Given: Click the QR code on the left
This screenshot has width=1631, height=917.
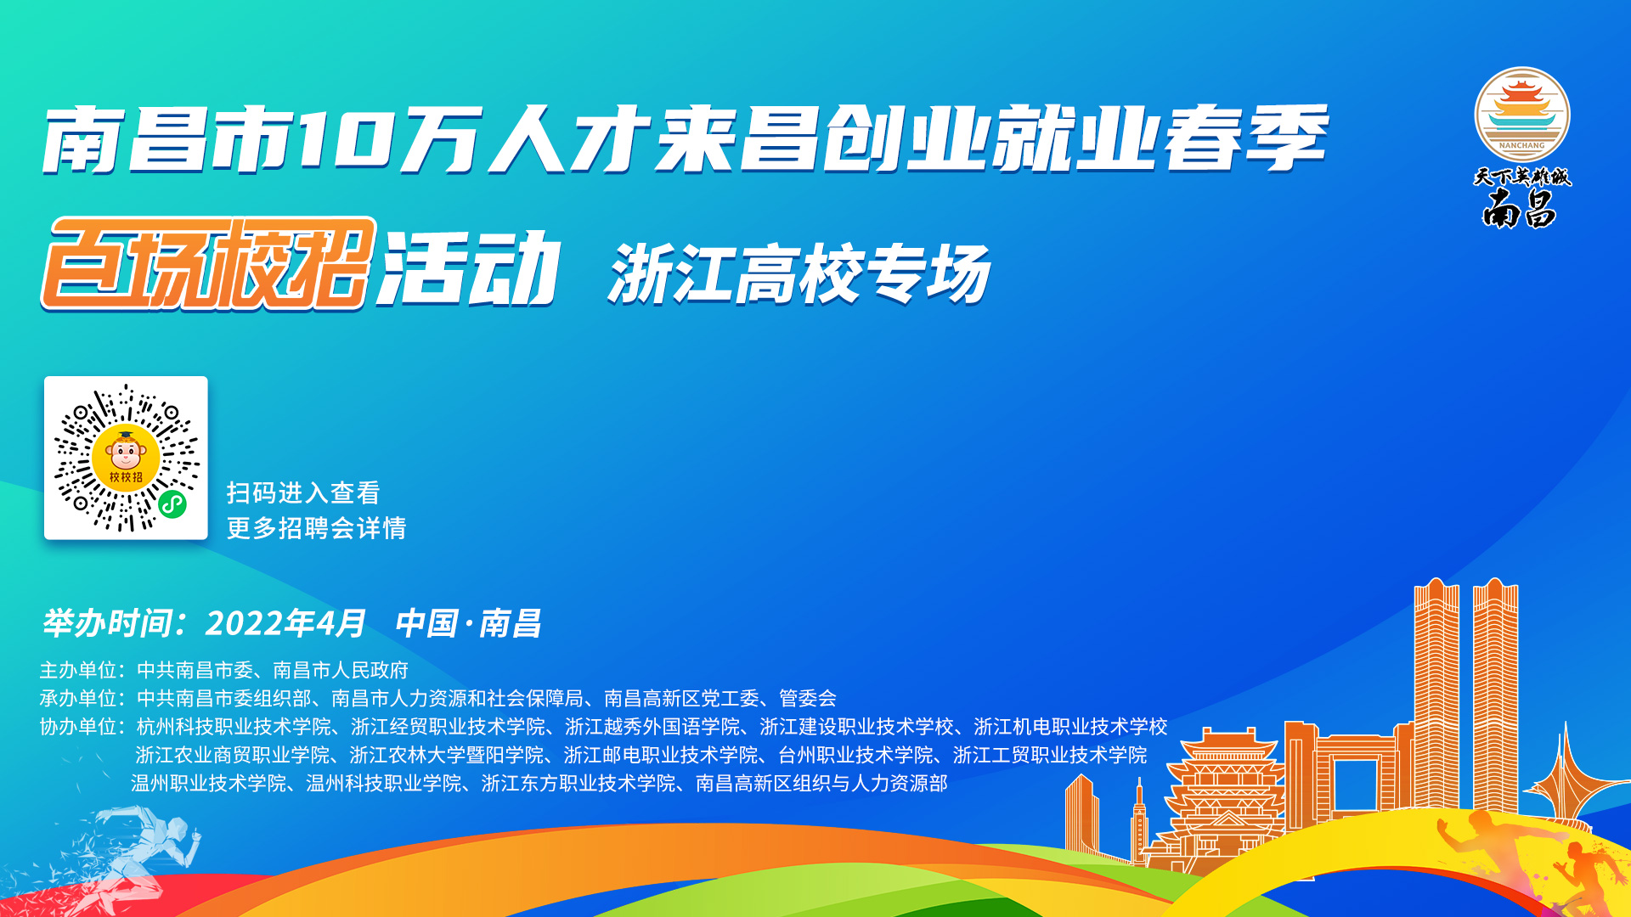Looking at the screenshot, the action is pyautogui.click(x=126, y=458).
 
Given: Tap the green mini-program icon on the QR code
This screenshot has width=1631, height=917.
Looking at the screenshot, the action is pyautogui.click(x=172, y=504).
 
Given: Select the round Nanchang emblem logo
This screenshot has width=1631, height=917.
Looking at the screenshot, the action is pyautogui.click(x=1521, y=115).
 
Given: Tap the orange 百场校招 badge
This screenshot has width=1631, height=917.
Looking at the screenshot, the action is pyautogui.click(x=208, y=263).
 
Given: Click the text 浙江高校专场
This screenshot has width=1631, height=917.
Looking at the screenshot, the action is pyautogui.click(x=799, y=273).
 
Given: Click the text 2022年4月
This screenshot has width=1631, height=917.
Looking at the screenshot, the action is pyautogui.click(x=285, y=623).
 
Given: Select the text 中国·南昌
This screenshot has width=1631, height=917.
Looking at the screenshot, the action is pyautogui.click(x=468, y=623).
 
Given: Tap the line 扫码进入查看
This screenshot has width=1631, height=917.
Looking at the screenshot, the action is pyautogui.click(x=303, y=492).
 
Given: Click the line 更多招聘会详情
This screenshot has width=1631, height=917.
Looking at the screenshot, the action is pyautogui.click(x=316, y=528).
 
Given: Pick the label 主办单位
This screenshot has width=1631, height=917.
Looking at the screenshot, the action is pyautogui.click(x=78, y=670).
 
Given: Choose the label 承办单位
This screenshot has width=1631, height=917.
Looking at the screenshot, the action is pyautogui.click(x=78, y=698).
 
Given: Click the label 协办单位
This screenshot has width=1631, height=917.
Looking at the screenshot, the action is pyautogui.click(x=78, y=726).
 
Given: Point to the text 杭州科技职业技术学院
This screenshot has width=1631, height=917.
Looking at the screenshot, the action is pyautogui.click(x=234, y=726).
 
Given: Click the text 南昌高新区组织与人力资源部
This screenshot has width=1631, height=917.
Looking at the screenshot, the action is pyautogui.click(x=821, y=783).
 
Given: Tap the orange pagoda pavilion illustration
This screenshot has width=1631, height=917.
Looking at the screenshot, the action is pyautogui.click(x=1226, y=798).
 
